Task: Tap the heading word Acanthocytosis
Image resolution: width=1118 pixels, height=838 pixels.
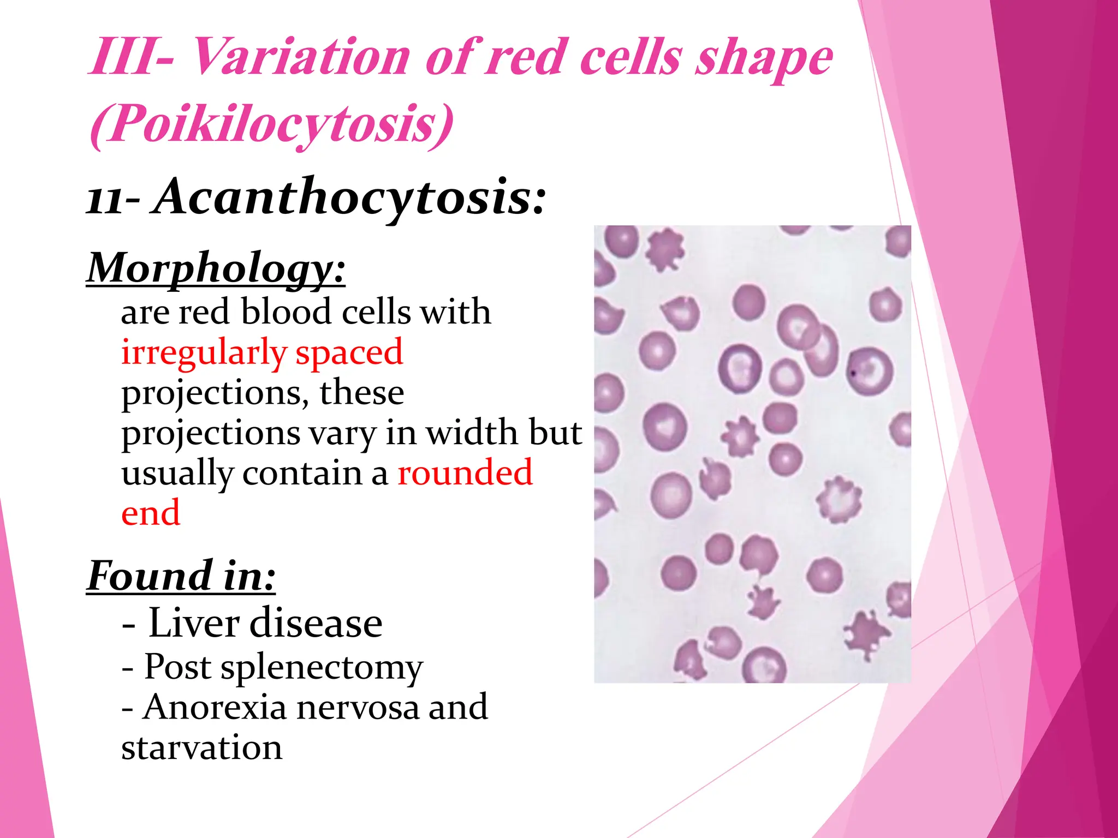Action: (349, 197)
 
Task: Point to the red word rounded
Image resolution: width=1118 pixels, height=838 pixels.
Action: (465, 472)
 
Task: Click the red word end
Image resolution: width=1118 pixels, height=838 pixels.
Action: (151, 513)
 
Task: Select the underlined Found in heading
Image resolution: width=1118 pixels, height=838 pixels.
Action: (181, 576)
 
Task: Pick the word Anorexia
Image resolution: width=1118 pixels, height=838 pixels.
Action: (215, 707)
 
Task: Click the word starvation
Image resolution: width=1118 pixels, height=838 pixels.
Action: (201, 747)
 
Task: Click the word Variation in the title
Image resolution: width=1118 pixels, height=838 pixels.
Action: (301, 58)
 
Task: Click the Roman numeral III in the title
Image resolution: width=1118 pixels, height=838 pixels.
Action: (124, 58)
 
